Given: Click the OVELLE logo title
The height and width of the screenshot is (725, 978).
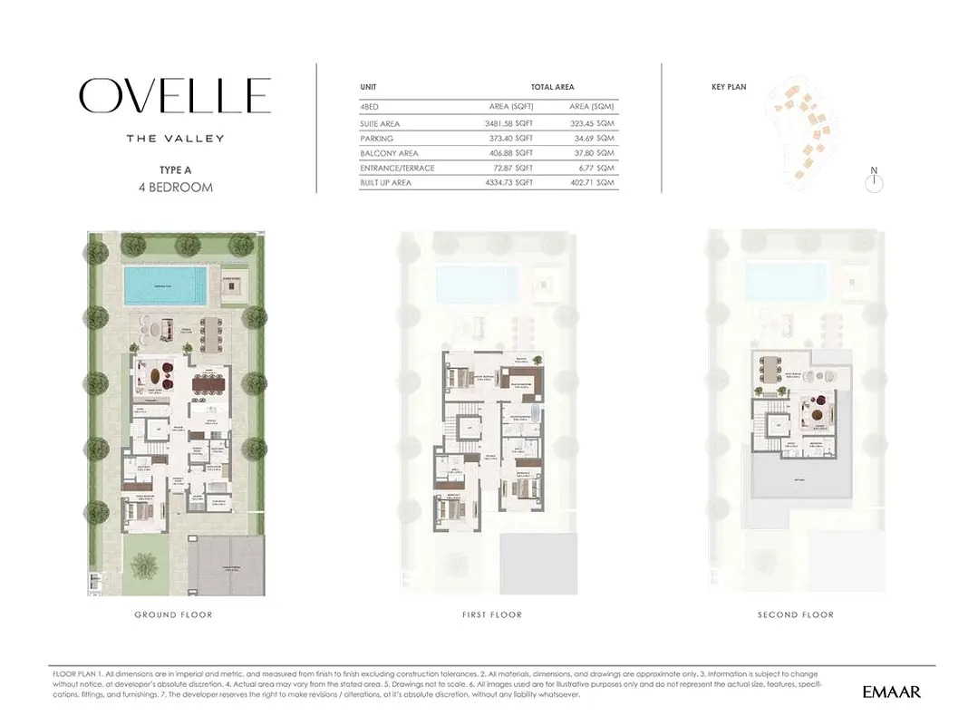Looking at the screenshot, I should [175, 96].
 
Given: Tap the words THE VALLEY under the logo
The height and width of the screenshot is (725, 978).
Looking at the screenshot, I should [175, 139].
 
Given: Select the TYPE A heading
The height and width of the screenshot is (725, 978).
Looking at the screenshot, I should [175, 169].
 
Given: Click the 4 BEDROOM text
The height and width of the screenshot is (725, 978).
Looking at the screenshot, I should [175, 188].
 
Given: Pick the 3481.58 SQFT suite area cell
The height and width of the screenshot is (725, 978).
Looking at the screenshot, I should [508, 123].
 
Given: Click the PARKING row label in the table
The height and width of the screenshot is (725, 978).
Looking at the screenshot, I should [376, 139].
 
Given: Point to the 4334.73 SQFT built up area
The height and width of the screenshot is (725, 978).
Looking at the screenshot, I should [508, 183].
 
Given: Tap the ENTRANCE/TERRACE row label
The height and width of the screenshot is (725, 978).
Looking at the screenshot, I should [397, 168].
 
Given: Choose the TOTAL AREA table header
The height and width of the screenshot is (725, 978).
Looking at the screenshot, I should [552, 87].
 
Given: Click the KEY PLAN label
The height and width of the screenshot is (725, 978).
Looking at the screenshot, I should [729, 87].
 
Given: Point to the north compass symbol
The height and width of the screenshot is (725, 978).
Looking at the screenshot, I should [874, 183].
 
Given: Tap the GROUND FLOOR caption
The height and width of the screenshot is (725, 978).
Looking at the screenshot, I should [173, 614].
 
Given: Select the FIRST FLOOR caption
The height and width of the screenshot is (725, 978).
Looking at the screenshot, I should [491, 614].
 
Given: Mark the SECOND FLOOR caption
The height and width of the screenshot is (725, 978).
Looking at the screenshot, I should [795, 614].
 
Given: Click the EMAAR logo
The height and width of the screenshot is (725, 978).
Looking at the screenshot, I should [891, 692].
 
